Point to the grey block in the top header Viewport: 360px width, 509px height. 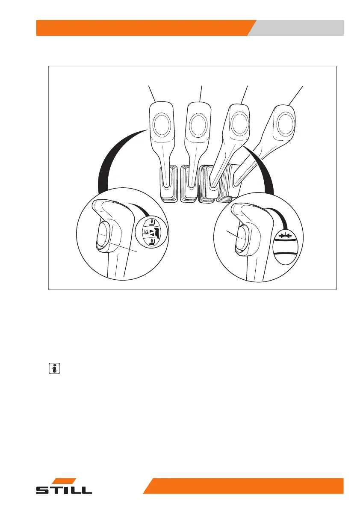pos(299,28)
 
